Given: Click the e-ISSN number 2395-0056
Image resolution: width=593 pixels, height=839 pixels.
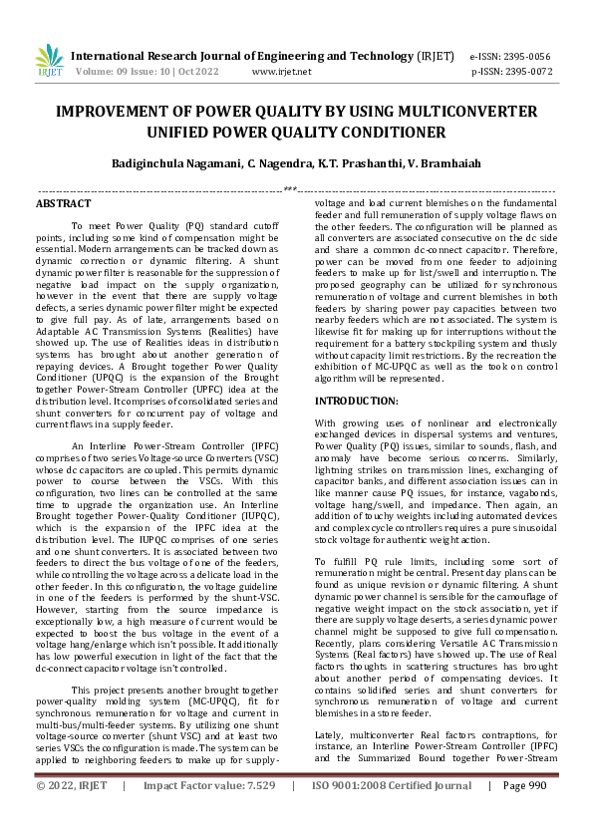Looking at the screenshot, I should (x=528, y=58).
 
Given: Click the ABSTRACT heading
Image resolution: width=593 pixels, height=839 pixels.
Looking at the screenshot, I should (x=63, y=202).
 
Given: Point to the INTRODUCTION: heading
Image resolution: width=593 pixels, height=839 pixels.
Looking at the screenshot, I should (x=357, y=400).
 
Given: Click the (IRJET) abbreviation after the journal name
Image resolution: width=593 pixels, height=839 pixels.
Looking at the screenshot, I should (x=435, y=58).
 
